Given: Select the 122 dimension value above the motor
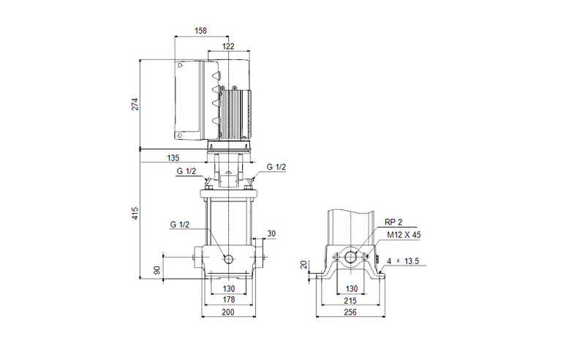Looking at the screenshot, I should [x=228, y=46].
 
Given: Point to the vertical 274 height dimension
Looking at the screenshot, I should [x=135, y=104].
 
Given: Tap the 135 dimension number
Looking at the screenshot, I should [x=173, y=157].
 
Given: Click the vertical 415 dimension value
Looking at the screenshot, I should [x=135, y=214].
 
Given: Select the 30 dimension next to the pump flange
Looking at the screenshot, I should [x=271, y=233].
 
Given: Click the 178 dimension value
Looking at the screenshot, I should [x=228, y=301].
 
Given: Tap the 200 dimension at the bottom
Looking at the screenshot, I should [x=228, y=313].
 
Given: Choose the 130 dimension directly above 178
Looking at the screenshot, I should [x=228, y=288].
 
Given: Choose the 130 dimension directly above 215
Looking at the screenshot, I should [x=352, y=288].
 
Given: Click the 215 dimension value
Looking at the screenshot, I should [x=352, y=301].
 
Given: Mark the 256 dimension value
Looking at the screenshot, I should [x=352, y=313].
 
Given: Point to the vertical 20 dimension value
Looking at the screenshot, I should [x=303, y=265].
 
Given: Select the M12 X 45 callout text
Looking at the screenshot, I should [x=404, y=235].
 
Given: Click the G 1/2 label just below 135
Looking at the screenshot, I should [x=186, y=172].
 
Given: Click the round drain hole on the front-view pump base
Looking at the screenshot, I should [x=228, y=260].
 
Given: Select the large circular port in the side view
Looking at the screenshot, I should [x=352, y=257].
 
